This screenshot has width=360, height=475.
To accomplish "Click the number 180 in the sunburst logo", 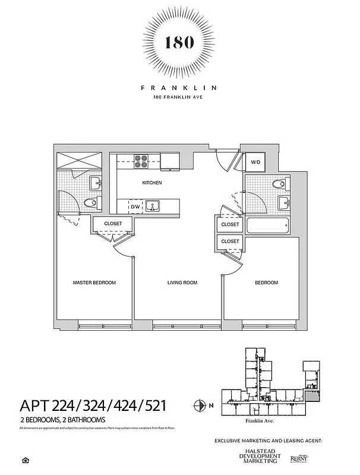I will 179,43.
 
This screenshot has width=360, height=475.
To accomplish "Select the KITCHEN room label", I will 151,183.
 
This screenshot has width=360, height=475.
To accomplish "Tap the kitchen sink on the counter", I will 152,206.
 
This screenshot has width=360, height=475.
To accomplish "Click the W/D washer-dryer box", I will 255,161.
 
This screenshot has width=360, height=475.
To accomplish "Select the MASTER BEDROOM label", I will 94,283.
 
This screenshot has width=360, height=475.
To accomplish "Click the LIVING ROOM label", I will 182,283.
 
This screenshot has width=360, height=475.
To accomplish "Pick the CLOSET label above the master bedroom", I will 113,223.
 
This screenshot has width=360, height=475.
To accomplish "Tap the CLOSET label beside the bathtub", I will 230,224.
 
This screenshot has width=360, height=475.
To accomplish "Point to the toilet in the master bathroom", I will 91,204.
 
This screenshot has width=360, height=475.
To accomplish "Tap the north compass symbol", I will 199,406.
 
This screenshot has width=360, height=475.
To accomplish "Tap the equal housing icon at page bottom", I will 24,460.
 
